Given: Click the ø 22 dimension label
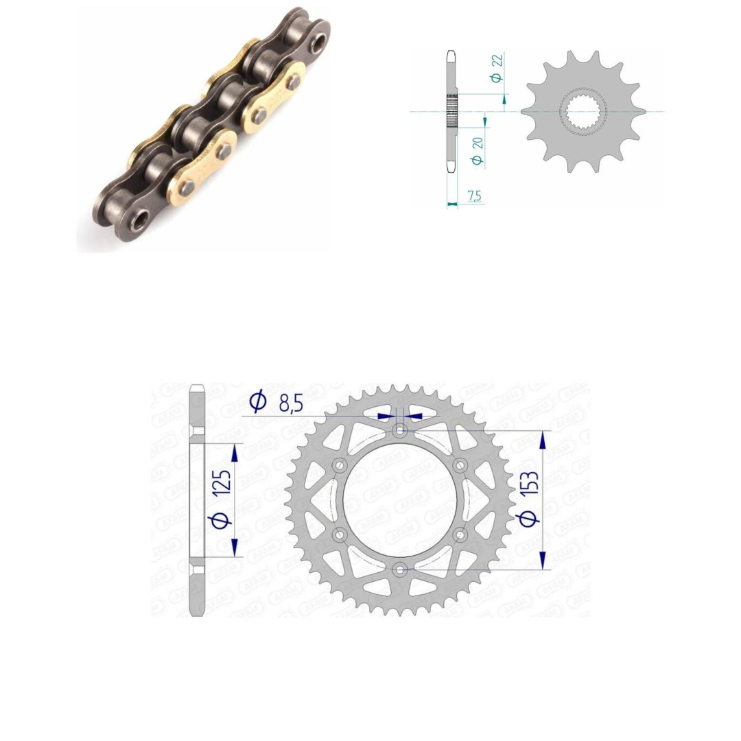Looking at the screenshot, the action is [497, 69].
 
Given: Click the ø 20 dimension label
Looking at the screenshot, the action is [478, 151].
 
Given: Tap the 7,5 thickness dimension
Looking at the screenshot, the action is [474, 195].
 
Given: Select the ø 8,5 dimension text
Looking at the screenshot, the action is [276, 402].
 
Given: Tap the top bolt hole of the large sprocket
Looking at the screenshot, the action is [400, 430].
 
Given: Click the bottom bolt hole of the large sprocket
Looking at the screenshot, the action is [400, 569].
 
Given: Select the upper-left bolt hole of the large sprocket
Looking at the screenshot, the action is [340, 465].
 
